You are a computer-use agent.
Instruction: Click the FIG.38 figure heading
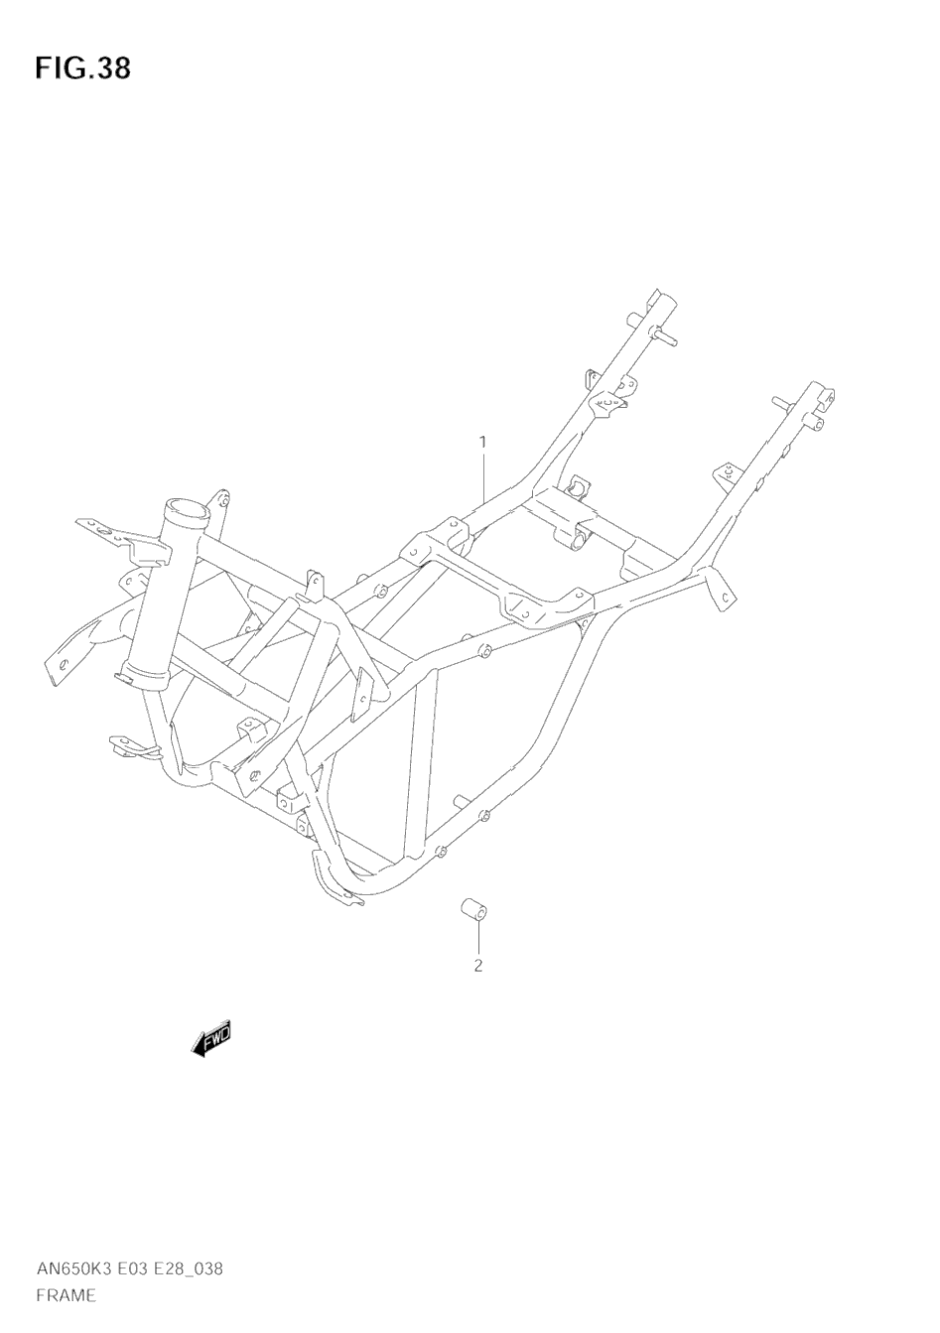coord(82,68)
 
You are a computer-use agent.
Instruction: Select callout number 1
coord(482,441)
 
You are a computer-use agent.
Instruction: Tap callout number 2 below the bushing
coord(477,965)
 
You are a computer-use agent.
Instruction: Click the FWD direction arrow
coord(211,1039)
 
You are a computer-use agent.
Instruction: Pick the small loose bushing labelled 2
coord(471,910)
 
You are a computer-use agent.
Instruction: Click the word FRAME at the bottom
coord(65,1294)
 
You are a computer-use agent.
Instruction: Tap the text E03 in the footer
coord(139,1269)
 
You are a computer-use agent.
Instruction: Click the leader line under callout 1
coord(483,476)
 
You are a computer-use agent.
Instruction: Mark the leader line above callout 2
coord(476,938)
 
